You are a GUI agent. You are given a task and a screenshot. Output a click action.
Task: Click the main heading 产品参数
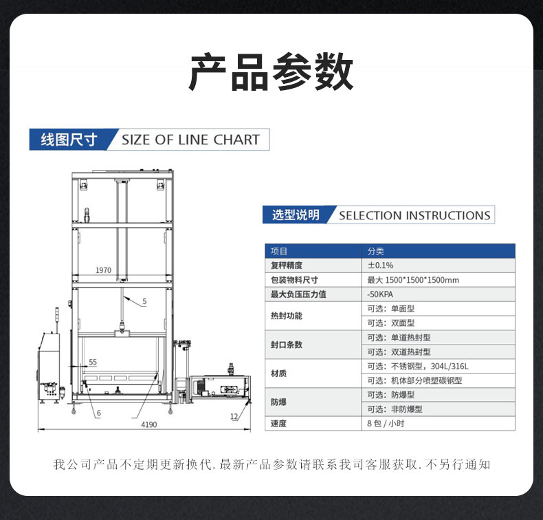click(x=271, y=72)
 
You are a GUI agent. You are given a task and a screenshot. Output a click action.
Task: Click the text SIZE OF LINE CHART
click(x=191, y=140)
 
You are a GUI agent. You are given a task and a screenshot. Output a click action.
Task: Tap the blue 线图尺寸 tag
click(x=69, y=140)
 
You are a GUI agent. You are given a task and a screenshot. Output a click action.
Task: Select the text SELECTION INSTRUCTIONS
click(x=414, y=215)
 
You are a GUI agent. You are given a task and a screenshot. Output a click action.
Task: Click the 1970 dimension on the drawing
click(x=104, y=270)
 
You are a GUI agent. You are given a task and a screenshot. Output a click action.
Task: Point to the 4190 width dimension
click(x=149, y=424)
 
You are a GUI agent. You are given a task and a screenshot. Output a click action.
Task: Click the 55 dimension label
click(x=93, y=362)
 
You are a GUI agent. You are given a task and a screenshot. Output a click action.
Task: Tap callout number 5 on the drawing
click(x=145, y=301)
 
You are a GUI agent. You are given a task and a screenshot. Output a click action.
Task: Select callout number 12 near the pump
click(x=234, y=416)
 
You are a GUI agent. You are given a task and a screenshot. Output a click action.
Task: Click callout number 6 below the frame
click(x=99, y=413)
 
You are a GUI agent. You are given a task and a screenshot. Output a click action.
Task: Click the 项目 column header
click(x=279, y=251)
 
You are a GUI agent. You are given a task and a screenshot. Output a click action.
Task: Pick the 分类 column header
click(x=376, y=251)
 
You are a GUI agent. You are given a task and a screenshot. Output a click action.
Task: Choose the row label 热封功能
click(x=287, y=316)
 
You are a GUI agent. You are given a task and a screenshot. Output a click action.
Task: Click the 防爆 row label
click(x=278, y=402)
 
